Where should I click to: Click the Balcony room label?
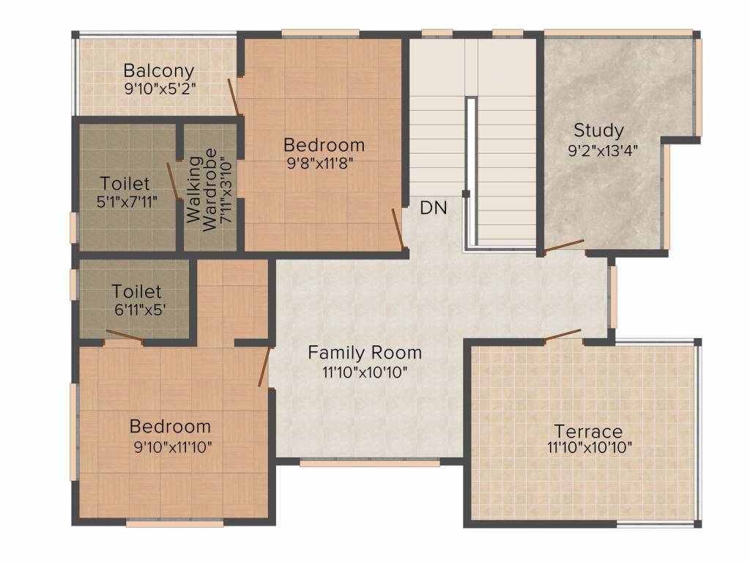159,71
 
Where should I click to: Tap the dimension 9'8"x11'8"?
320,163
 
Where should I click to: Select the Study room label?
598,130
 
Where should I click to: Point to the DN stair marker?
434,207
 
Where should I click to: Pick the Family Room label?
365,353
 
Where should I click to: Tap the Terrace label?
588,431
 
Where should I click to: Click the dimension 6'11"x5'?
140,310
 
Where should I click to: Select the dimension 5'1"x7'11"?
127,202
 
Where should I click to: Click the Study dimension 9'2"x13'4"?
603,151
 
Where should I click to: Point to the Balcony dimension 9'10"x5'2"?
160,89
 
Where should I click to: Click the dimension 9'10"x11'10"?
173,447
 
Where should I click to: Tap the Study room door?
564,245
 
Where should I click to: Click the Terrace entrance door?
562,334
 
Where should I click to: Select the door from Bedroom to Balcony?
234,97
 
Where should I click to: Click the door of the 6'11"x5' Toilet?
125,335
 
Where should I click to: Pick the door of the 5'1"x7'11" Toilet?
172,180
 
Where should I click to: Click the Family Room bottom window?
370,463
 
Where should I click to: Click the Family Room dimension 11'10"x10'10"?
365,372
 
